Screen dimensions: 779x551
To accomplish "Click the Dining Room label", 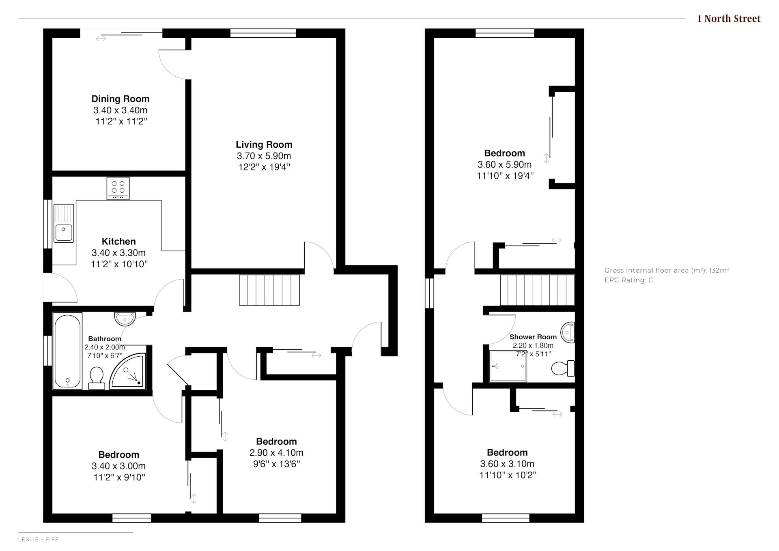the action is click(x=121, y=99).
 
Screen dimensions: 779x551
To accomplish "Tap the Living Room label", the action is click(x=264, y=144).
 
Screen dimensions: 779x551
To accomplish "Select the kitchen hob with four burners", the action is click(x=118, y=188).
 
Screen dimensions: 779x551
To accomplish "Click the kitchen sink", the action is click(x=64, y=223).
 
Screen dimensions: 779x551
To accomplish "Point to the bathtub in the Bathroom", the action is click(x=67, y=351).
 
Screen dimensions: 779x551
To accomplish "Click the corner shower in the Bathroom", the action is click(x=127, y=371).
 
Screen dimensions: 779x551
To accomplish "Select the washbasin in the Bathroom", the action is click(x=125, y=319).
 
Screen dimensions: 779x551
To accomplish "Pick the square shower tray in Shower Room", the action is click(x=508, y=366).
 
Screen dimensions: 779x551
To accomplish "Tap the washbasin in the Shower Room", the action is click(x=568, y=332).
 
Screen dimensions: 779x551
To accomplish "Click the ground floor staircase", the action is click(x=269, y=290).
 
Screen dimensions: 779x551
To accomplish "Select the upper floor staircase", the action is click(x=538, y=290).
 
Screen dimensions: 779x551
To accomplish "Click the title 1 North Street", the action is click(x=729, y=19).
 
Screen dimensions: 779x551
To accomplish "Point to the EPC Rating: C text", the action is click(x=629, y=280).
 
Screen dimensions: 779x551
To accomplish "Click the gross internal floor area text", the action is click(x=667, y=270).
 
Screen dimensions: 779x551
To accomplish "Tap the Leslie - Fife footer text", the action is click(x=39, y=539).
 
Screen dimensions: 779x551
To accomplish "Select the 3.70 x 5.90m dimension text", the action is click(x=264, y=156).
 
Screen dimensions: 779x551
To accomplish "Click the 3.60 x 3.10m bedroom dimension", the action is click(x=507, y=464).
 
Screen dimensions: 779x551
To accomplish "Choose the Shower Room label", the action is click(x=533, y=337).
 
